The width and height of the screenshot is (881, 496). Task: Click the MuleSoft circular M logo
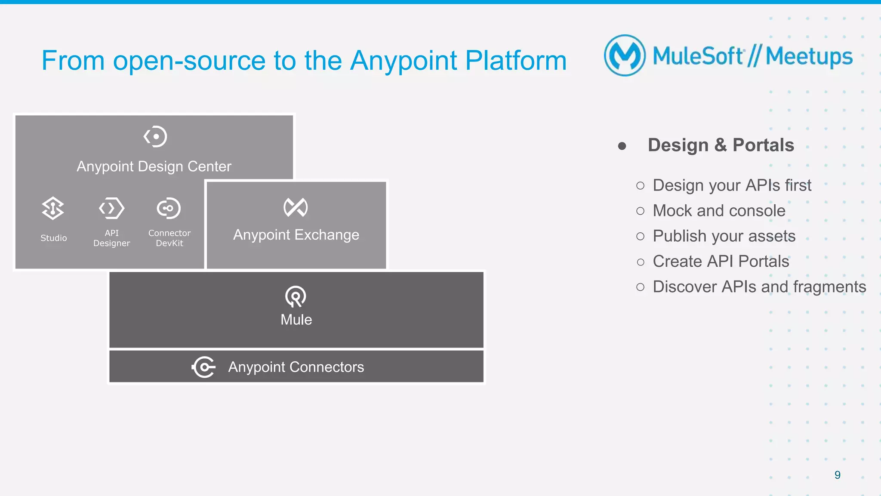[625, 55]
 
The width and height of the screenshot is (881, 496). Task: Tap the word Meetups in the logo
[809, 56]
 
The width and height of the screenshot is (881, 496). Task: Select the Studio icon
[53, 208]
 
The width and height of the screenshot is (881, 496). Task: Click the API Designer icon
[111, 208]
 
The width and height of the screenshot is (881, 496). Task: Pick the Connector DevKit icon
[169, 208]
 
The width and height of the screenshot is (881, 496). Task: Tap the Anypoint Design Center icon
[155, 136]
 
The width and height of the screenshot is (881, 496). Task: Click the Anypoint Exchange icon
[296, 207]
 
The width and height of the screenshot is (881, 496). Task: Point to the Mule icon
[296, 296]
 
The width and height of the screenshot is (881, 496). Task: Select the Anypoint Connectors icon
[203, 367]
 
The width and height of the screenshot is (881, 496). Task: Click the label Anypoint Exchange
[296, 235]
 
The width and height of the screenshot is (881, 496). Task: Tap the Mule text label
[296, 320]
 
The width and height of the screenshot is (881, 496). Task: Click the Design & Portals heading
[721, 145]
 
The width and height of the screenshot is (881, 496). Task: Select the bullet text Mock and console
[719, 211]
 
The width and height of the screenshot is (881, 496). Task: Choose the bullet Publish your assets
[724, 236]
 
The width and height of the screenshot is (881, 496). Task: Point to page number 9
[837, 475]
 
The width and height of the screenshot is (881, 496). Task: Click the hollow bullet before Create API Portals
[641, 262]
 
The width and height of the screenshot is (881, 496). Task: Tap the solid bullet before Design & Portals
[622, 146]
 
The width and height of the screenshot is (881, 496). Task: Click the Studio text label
[54, 238]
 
